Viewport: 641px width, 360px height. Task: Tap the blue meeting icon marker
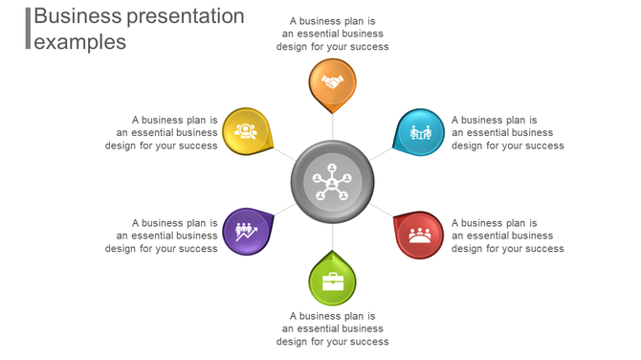pyautogui.click(x=420, y=132)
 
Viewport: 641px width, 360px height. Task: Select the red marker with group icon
pyautogui.click(x=419, y=235)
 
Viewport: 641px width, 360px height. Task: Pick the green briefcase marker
pyautogui.click(x=332, y=282)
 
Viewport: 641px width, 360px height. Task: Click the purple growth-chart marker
pyautogui.click(x=246, y=232)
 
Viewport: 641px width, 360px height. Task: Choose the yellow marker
pyautogui.click(x=247, y=131)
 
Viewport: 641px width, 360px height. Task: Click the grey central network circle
pyautogui.click(x=332, y=181)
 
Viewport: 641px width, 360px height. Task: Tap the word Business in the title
pyautogui.click(x=77, y=16)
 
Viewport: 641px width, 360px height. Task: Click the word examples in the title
pyautogui.click(x=79, y=41)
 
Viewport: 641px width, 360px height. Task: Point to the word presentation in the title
pyautogui.click(x=186, y=16)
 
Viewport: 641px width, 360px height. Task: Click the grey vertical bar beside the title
pyautogui.click(x=28, y=28)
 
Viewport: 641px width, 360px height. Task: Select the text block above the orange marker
pyautogui.click(x=332, y=34)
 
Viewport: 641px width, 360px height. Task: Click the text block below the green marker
pyautogui.click(x=332, y=328)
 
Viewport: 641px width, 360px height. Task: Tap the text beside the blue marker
pyautogui.click(x=507, y=133)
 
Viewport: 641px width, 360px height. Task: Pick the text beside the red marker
pyautogui.click(x=507, y=236)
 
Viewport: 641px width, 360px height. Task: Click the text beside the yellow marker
pyautogui.click(x=162, y=133)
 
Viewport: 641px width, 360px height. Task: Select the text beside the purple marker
pyautogui.click(x=162, y=236)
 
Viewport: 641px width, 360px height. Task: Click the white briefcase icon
pyautogui.click(x=332, y=281)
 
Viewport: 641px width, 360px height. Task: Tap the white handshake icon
pyautogui.click(x=332, y=81)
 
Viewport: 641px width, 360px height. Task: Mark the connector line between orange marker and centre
pyautogui.click(x=332, y=126)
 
